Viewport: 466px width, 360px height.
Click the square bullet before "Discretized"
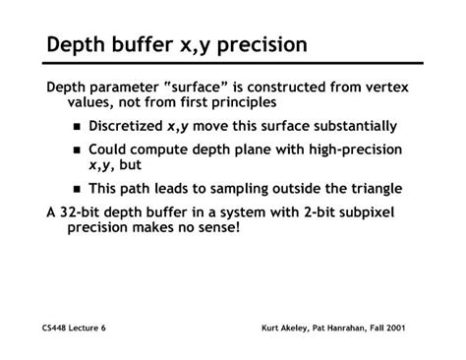pyautogui.click(x=78, y=127)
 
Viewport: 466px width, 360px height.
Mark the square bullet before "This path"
pyautogui.click(x=78, y=190)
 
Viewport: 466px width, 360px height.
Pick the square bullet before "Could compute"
pyautogui.click(x=78, y=150)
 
